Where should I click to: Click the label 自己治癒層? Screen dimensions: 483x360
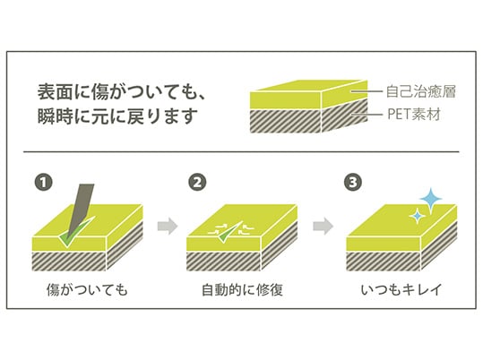point(420,91)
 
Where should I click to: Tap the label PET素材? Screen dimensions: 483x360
point(414,115)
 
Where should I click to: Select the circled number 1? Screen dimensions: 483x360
point(43,183)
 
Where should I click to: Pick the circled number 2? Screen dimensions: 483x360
point(197,183)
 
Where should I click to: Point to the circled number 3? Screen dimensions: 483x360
point(353,183)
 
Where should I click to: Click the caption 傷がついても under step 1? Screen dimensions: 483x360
point(87,290)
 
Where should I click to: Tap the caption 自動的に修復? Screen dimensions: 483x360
point(242,290)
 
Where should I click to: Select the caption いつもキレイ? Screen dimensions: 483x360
point(401,290)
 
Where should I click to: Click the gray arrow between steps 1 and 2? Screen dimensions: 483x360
point(168,227)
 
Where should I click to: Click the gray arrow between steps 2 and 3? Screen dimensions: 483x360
point(323,227)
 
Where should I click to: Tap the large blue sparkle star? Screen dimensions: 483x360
point(431,201)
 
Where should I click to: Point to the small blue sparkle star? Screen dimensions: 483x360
point(417,216)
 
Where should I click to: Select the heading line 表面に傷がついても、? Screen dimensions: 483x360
point(122,92)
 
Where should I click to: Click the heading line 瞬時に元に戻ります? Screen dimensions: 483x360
point(117,116)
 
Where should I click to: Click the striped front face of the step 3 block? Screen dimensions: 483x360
point(384,261)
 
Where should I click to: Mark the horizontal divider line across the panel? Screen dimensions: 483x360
point(241,151)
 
